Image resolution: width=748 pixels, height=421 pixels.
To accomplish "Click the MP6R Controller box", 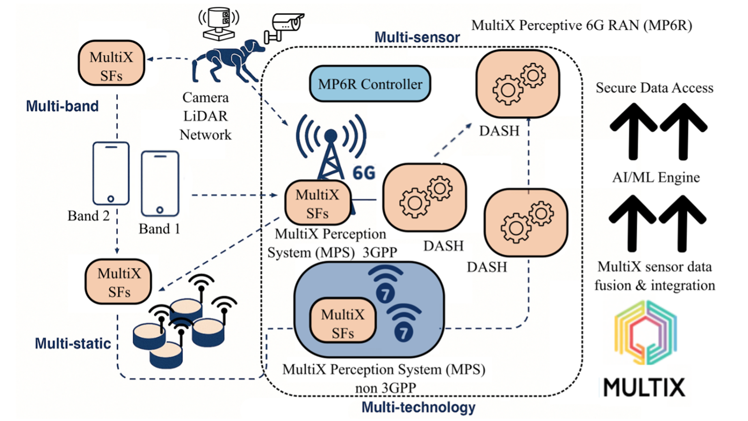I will point(370,84).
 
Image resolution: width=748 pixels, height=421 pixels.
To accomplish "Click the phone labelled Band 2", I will point(111,173).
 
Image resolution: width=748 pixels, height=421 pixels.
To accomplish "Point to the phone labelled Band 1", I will point(160,184).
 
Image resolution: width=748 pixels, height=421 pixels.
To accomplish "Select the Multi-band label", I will point(62,106).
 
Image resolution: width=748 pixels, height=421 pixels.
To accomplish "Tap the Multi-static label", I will point(73,343).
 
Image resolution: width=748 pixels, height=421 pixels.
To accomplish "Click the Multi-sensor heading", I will point(417,37).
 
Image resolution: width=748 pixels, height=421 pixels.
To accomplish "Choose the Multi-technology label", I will point(418,407).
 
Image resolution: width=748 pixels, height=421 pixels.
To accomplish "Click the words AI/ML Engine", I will point(656,177).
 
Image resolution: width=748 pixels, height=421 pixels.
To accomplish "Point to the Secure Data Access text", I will point(654,88).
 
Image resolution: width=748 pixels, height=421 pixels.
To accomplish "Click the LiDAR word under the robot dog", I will point(205,116).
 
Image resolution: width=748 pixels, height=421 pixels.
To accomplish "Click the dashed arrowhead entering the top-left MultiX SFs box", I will point(150,59).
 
